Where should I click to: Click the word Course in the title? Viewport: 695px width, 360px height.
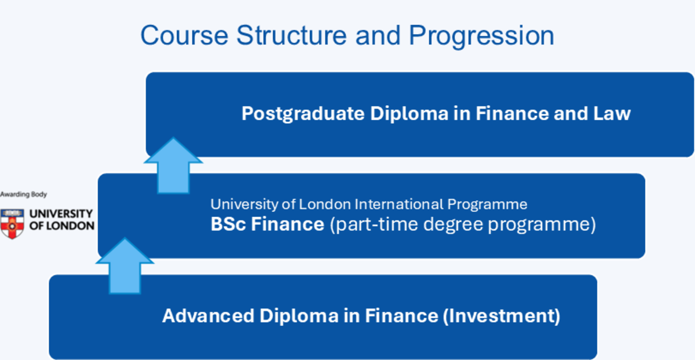pyautogui.click(x=184, y=35)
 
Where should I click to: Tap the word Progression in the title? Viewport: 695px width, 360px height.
pyautogui.click(x=481, y=37)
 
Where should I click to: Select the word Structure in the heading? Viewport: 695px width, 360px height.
pyautogui.click(x=291, y=35)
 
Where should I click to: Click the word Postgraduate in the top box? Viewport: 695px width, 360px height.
pyautogui.click(x=303, y=114)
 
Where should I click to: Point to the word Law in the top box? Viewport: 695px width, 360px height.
pyautogui.click(x=612, y=113)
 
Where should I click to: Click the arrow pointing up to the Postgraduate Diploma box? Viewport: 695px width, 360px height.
pyautogui.click(x=173, y=166)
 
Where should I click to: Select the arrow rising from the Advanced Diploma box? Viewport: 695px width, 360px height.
pyautogui.click(x=125, y=266)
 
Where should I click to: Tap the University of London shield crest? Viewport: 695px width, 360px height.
pyautogui.click(x=12, y=224)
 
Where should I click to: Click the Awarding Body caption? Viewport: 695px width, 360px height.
pyautogui.click(x=23, y=194)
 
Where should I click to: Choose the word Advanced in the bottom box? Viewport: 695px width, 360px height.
pyautogui.click(x=208, y=315)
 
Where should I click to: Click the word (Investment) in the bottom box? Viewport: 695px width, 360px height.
pyautogui.click(x=502, y=316)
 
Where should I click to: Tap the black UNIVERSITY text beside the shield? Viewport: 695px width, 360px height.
pyautogui.click(x=61, y=214)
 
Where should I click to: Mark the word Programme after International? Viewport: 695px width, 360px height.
pyautogui.click(x=487, y=205)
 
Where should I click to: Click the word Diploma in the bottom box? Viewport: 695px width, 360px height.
pyautogui.click(x=299, y=316)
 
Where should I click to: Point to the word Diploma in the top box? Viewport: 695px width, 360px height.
pyautogui.click(x=409, y=114)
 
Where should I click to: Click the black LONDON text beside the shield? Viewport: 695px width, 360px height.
pyautogui.click(x=72, y=226)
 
